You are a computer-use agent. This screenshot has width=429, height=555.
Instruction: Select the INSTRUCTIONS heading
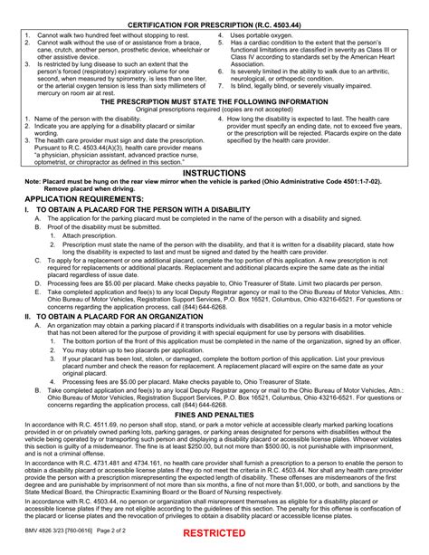(214, 172)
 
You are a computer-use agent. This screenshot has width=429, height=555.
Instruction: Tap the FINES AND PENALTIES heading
(214, 389)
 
